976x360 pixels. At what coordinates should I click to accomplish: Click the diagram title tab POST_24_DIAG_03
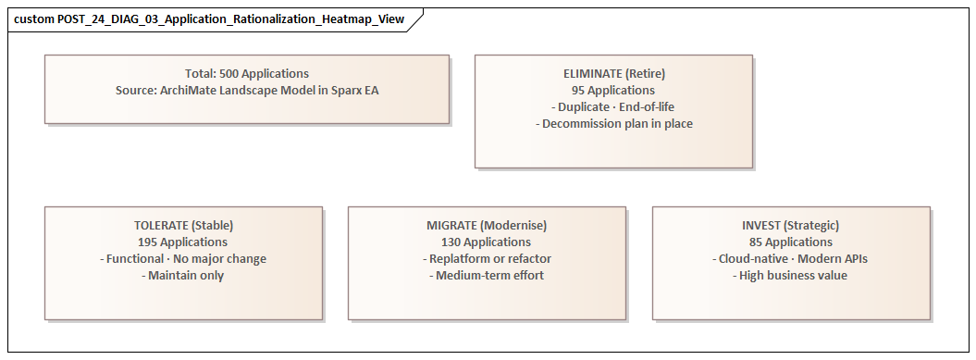[x=209, y=19]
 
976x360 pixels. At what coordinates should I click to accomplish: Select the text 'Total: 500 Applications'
[x=247, y=74]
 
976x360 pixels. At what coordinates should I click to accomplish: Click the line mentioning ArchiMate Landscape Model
[x=247, y=91]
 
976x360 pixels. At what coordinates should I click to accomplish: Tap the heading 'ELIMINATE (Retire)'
[x=613, y=74]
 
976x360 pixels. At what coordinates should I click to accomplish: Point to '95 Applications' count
[x=613, y=91]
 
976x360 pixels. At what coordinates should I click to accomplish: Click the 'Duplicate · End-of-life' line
[x=613, y=107]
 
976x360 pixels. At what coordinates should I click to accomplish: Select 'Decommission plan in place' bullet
[x=613, y=124]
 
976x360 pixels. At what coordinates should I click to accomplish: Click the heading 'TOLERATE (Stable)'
[x=183, y=226]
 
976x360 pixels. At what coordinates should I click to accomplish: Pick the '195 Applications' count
[x=183, y=242]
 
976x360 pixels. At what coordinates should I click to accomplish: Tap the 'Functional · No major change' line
[x=183, y=259]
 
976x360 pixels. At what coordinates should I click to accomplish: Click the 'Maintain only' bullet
[x=183, y=276]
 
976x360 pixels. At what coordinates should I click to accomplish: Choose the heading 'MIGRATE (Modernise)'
[x=487, y=226]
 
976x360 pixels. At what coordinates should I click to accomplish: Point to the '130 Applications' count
[x=487, y=242]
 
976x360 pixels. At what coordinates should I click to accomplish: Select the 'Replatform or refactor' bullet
[x=487, y=259]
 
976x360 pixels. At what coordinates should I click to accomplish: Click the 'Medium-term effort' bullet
[x=487, y=276]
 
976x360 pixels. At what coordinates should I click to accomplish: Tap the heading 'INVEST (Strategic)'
[x=791, y=226]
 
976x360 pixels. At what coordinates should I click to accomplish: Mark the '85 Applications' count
[x=791, y=242]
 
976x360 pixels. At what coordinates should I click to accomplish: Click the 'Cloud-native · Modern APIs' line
[x=791, y=259]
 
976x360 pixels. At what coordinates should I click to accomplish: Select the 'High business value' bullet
[x=791, y=276]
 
